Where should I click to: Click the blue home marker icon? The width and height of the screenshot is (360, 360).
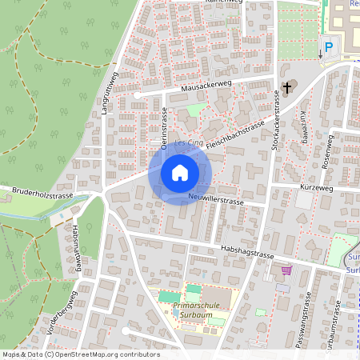[180, 173]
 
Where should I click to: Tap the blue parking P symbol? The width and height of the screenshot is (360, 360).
[328, 48]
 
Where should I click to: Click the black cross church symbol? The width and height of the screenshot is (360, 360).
[287, 86]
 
